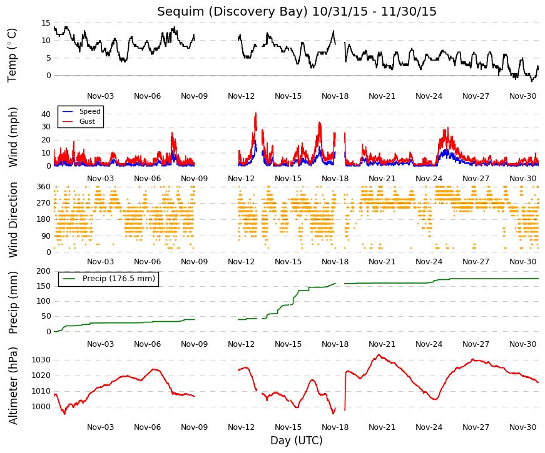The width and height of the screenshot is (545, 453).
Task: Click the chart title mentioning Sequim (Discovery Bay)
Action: pyautogui.click(x=297, y=11)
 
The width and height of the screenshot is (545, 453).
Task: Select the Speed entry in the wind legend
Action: pyautogui.click(x=89, y=111)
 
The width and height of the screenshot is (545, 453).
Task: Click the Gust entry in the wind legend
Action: pyautogui.click(x=87, y=121)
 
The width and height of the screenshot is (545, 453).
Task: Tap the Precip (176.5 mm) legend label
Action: pyautogui.click(x=118, y=279)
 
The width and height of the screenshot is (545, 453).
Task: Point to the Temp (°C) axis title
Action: pyautogui.click(x=12, y=56)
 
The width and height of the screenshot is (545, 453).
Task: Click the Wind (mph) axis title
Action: pyautogui.click(x=13, y=137)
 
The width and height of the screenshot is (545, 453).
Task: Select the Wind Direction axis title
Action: pyautogui.click(x=13, y=220)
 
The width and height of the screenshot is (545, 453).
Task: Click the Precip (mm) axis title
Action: pyautogui.click(x=13, y=302)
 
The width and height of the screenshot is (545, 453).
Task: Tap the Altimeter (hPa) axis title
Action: pyautogui.click(x=13, y=386)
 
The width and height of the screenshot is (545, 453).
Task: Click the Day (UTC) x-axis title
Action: pyautogui.click(x=297, y=440)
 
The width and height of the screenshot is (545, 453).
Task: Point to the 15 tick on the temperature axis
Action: pyautogui.click(x=46, y=23)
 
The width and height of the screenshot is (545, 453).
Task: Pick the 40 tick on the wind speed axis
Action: pyautogui.click(x=46, y=114)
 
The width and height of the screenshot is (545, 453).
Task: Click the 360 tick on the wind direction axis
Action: pyautogui.click(x=43, y=187)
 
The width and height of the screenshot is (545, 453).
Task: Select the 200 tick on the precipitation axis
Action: pyautogui.click(x=43, y=271)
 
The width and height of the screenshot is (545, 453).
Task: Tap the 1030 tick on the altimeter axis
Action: pyautogui.click(x=41, y=360)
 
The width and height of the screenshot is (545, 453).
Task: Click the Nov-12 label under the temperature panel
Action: pyautogui.click(x=242, y=96)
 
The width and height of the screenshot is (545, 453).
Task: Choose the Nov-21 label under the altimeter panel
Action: pyautogui.click(x=382, y=427)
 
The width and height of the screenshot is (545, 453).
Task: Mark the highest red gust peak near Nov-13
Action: pyautogui.click(x=256, y=113)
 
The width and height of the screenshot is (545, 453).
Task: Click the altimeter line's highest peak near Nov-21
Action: pyautogui.click(x=379, y=355)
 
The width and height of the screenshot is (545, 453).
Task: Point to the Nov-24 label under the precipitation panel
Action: pyautogui.click(x=429, y=344)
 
